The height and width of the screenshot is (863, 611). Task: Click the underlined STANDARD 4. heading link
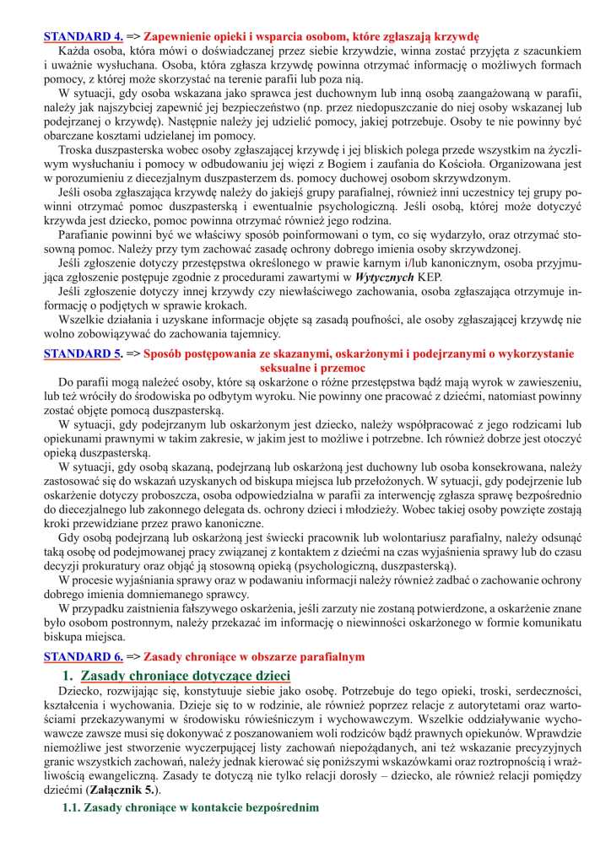pyautogui.click(x=83, y=37)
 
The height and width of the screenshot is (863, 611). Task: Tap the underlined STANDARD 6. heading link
pyautogui.click(x=83, y=655)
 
